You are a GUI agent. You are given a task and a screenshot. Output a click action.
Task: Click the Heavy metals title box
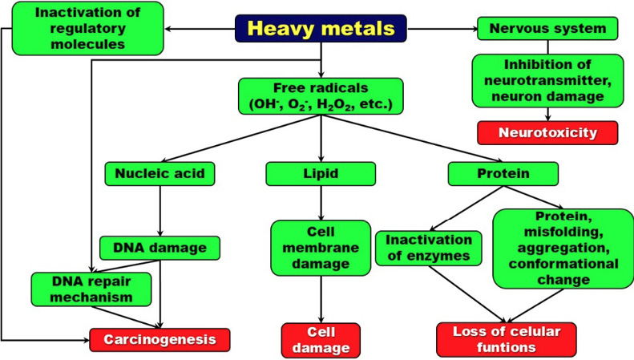tap(321, 28)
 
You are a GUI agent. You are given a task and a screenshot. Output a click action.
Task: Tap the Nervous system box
tap(547, 28)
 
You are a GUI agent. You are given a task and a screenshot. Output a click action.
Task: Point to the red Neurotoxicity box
tap(547, 132)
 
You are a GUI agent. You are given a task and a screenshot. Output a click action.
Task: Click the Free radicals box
tap(321, 96)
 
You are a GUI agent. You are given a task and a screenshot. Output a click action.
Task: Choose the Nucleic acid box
tap(160, 173)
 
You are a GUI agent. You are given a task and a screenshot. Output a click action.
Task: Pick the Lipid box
tap(321, 173)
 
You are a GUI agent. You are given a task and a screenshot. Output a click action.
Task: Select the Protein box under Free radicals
tap(503, 173)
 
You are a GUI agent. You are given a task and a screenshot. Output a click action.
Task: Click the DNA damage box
tap(160, 248)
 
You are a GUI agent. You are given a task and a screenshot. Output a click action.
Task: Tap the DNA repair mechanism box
tap(91, 289)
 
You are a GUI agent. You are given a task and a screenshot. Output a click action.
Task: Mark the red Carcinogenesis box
tap(160, 340)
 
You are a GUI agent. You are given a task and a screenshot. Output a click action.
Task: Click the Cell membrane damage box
tap(321, 248)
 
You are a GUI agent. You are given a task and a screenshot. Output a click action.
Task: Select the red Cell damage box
tap(321, 340)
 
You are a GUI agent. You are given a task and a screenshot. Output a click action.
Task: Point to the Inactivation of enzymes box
tap(429, 248)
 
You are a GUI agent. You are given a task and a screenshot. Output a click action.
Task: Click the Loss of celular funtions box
tap(507, 340)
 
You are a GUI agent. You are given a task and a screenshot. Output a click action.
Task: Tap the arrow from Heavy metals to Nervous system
tap(442, 28)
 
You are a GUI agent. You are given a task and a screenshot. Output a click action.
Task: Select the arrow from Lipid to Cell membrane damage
tap(321, 203)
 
